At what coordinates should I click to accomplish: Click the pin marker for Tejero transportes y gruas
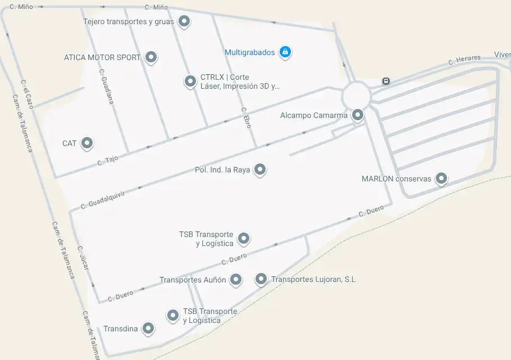pos(184,22)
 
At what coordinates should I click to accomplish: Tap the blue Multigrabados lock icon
pos(285,52)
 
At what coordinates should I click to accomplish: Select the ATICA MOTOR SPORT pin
pos(150,57)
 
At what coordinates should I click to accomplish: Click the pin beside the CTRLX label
pos(190,81)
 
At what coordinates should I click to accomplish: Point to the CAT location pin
pos(86,144)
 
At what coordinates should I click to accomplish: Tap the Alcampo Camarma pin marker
pos(357,116)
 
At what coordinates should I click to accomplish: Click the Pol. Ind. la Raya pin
pos(259,169)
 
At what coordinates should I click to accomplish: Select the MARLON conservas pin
pos(441,179)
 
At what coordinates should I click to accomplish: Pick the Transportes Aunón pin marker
pos(236,279)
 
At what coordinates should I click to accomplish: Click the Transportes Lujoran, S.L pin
pos(261,279)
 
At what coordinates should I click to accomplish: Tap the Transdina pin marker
pos(148,329)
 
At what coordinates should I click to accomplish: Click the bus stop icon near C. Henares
pos(386,81)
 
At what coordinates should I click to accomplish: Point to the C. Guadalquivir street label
pos(102,199)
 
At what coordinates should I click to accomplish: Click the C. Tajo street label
pos(108,160)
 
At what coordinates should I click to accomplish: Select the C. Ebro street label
pos(246,118)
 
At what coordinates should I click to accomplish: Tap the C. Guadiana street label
pos(106,87)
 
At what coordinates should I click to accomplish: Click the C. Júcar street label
pos(83,258)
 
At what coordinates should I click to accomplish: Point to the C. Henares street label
pos(464,60)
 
